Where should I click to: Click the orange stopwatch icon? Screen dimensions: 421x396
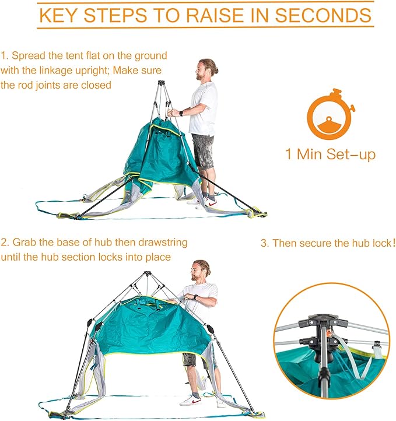point(330,116)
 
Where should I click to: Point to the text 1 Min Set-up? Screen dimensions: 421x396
point(330,155)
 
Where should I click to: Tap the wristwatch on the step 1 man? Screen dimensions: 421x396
point(181,113)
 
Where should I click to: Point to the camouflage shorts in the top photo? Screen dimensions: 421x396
point(203,151)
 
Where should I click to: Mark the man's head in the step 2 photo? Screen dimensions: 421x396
point(200,271)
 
